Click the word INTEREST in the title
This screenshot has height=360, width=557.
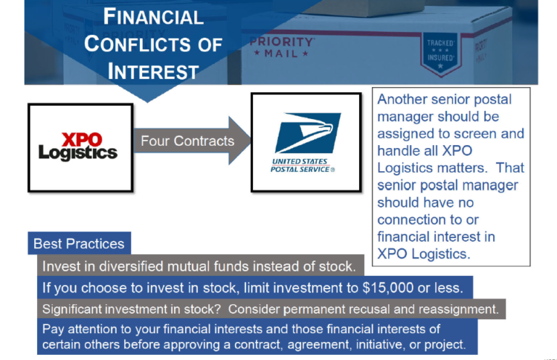(x=153, y=71)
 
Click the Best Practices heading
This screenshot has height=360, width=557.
(x=79, y=244)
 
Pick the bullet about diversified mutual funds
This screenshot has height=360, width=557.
(x=198, y=266)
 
